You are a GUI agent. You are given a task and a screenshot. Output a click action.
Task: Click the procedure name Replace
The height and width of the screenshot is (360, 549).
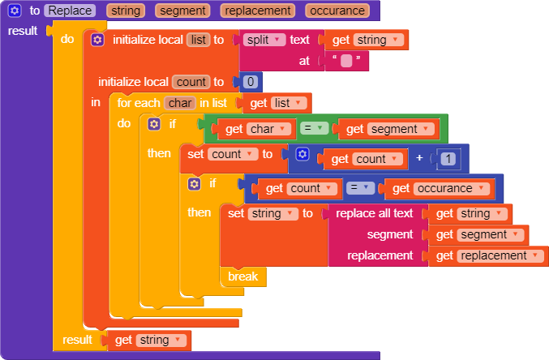71,11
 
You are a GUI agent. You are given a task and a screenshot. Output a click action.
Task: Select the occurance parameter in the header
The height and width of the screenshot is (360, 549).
337,11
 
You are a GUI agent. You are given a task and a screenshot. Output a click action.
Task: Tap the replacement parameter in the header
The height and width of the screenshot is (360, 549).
258,11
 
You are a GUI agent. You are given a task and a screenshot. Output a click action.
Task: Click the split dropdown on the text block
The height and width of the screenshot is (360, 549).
264,40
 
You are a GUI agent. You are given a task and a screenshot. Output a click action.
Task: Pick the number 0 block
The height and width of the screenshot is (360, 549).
251,82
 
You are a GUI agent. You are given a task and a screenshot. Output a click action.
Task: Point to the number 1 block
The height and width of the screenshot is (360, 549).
448,159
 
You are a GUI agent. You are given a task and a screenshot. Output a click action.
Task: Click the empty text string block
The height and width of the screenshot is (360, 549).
346,61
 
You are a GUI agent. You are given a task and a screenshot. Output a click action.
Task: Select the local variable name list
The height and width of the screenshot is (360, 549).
198,40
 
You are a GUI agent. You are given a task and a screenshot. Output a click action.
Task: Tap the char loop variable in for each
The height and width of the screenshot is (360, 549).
179,103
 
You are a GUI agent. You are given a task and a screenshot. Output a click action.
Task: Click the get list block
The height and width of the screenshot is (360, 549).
277,103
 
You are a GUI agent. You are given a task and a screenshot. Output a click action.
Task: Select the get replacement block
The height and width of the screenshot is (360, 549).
491,255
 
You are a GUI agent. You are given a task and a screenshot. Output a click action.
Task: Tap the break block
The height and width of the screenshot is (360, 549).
242,276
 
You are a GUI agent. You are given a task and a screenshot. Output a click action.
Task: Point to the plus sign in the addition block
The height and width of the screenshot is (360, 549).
419,158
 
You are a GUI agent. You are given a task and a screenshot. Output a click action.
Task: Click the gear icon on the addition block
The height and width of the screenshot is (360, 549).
302,154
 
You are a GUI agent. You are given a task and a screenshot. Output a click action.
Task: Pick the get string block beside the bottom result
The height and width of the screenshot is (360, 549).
148,340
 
